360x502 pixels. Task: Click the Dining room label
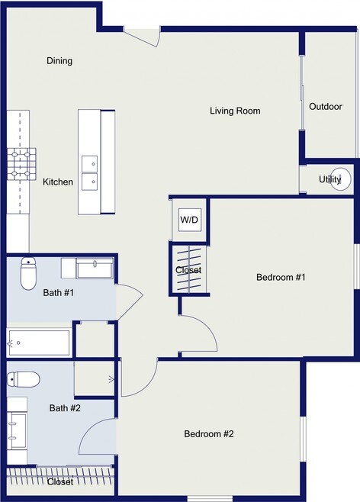tap(59, 61)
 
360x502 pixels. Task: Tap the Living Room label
tap(235, 111)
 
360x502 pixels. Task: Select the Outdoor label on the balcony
tap(326, 107)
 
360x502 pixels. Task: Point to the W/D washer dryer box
tap(190, 220)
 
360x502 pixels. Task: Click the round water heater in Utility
tap(340, 179)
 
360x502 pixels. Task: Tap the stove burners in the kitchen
tap(21, 164)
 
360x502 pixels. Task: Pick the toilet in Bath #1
tap(28, 273)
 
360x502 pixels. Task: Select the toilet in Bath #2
tap(24, 379)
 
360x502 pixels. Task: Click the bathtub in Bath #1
tap(38, 343)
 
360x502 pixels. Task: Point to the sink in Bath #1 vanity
tap(95, 268)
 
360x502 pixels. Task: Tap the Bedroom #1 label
tap(281, 277)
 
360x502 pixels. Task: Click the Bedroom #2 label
tap(209, 434)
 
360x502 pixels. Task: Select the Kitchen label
tap(58, 182)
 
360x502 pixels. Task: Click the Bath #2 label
tap(65, 408)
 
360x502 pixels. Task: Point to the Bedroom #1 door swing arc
tap(208, 327)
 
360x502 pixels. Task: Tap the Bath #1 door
tap(129, 302)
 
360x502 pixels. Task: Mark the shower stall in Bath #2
tap(95, 378)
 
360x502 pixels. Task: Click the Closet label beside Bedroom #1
tap(188, 270)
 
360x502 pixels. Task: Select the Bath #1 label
tap(59, 293)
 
